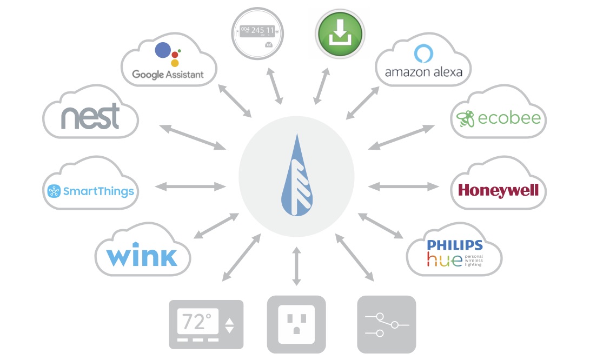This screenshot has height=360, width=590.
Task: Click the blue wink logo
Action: [x=142, y=256]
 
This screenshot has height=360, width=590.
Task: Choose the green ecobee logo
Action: [x=498, y=118]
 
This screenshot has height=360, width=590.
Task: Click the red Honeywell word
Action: [x=498, y=190]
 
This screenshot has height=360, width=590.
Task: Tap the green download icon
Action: [x=340, y=34]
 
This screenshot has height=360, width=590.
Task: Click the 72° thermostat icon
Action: [x=206, y=324]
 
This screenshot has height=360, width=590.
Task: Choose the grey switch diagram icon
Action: [x=387, y=324]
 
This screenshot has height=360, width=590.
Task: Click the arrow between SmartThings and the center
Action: [x=190, y=187]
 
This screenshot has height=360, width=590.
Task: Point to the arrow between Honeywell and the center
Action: [x=403, y=186]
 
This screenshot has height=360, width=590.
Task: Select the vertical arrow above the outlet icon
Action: [x=296, y=266]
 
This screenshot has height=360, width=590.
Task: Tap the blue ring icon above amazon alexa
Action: [x=423, y=54]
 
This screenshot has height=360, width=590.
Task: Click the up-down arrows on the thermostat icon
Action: [x=230, y=325]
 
